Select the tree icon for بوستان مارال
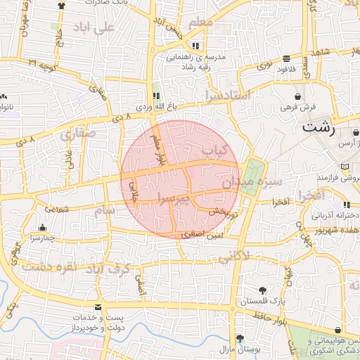pyautogui.click(x=240, y=338)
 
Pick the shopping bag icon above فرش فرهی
pyautogui.click(x=298, y=96)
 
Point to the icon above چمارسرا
pyautogui.click(x=43, y=228)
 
